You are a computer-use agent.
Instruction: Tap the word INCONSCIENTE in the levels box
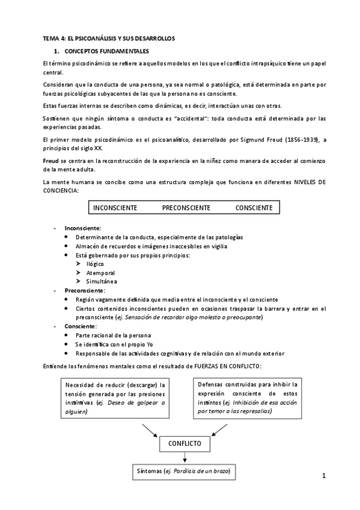[x=115, y=207]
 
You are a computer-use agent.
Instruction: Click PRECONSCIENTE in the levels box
[x=186, y=207]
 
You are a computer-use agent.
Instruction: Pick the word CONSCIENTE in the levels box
[x=254, y=207]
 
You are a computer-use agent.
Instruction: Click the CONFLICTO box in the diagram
[x=185, y=444]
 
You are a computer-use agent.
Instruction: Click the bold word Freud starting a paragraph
[x=50, y=162]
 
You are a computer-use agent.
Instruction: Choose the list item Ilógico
[x=95, y=264]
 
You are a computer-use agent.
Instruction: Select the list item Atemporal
[x=99, y=272]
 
